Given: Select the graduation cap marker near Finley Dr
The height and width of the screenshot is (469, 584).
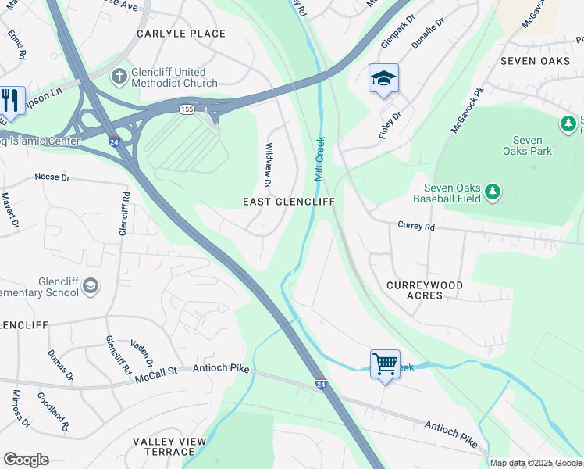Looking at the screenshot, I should point(383,78).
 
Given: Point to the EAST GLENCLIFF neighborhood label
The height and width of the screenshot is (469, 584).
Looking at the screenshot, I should point(288,202).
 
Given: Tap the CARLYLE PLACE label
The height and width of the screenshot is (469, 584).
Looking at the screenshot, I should point(181,34).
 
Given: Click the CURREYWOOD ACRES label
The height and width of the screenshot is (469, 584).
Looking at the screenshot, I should point(425,291).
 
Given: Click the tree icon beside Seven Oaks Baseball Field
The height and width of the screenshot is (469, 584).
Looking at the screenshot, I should point(492,192).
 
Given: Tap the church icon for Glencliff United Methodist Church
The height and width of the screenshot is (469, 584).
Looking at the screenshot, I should point(119,77).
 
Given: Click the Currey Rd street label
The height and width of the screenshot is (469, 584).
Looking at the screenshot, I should point(415,227).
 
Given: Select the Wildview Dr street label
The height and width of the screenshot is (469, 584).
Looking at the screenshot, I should point(268,165).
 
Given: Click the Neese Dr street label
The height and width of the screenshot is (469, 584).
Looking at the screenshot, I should point(52,177).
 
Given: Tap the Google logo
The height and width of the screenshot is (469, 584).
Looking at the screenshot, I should point(26,460).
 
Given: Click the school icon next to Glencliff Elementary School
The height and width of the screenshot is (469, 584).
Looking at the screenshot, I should point(91,287).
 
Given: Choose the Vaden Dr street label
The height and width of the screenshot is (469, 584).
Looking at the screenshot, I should point(142,353).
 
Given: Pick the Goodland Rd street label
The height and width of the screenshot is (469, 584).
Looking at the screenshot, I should point(53,412).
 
